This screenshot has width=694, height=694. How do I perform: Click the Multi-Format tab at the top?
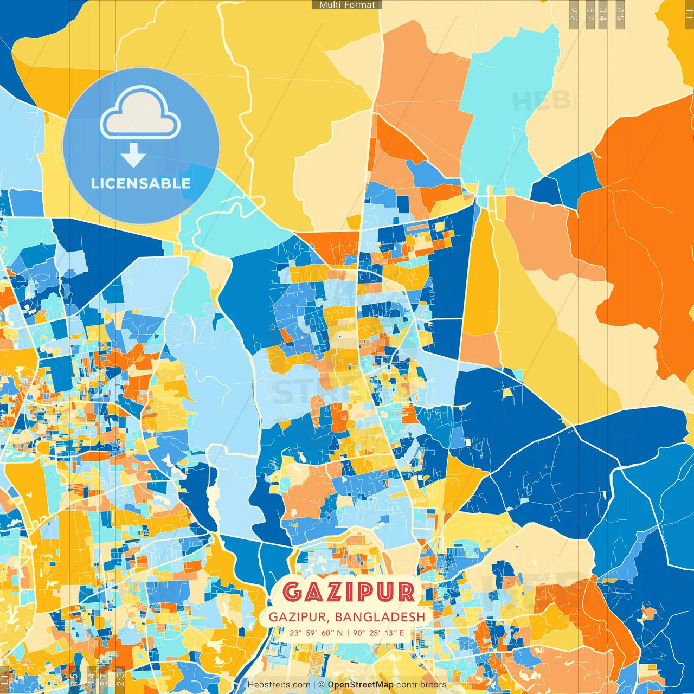(347, 5)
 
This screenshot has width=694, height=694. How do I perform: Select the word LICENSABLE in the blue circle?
(141, 183)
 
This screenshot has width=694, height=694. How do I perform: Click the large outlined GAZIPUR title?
(349, 592)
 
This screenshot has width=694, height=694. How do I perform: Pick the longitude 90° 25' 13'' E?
(378, 633)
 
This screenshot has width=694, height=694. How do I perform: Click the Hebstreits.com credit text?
(279, 685)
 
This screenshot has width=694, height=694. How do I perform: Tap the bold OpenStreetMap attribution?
(360, 685)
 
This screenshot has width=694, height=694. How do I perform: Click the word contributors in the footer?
(421, 685)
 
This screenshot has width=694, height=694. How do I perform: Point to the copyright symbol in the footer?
(322, 685)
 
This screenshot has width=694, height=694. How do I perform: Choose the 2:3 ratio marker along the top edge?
(574, 14)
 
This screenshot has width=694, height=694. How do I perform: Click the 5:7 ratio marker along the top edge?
(590, 14)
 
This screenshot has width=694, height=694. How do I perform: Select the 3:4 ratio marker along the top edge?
(603, 14)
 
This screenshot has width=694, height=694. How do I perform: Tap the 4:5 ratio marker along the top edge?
(620, 14)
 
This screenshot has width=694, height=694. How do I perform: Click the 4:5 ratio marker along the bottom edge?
(74, 679)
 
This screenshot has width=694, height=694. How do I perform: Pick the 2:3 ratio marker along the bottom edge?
(120, 679)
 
